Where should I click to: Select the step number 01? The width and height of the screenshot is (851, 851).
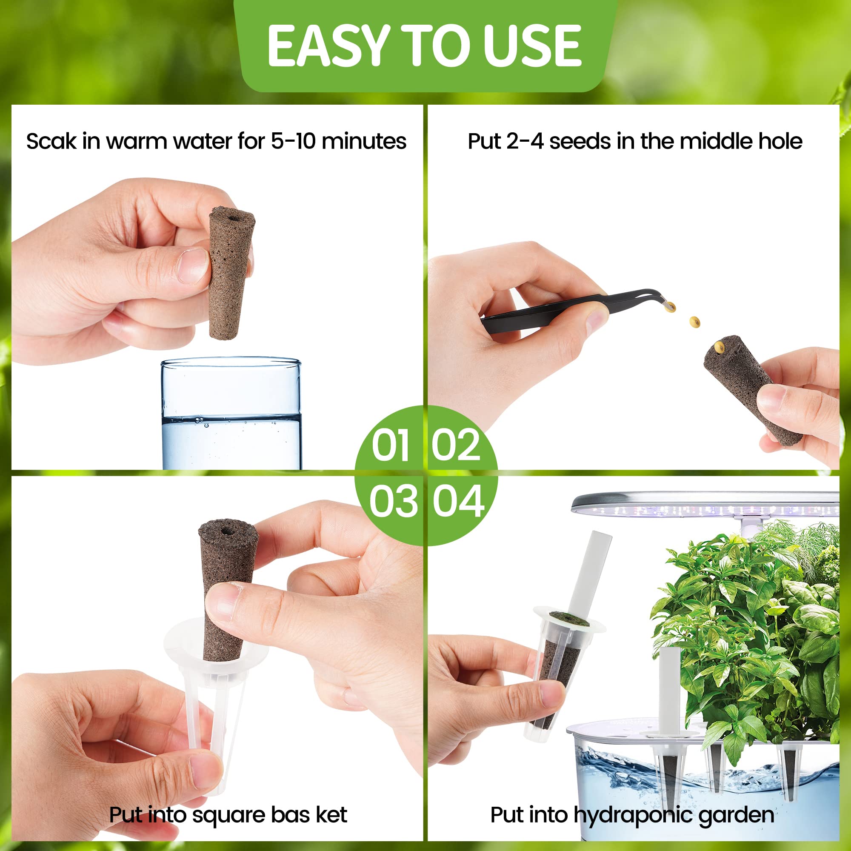coord(391,445)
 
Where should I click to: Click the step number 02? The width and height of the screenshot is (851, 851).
coord(455,445)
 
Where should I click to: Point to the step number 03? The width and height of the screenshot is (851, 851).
coord(393,501)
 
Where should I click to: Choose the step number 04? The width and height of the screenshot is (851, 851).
coord(458,501)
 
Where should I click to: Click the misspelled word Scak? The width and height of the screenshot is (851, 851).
coord(51,141)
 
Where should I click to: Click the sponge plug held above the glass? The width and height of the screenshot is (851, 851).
coord(230,274)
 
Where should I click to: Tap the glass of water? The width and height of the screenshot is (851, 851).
coord(231,414)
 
